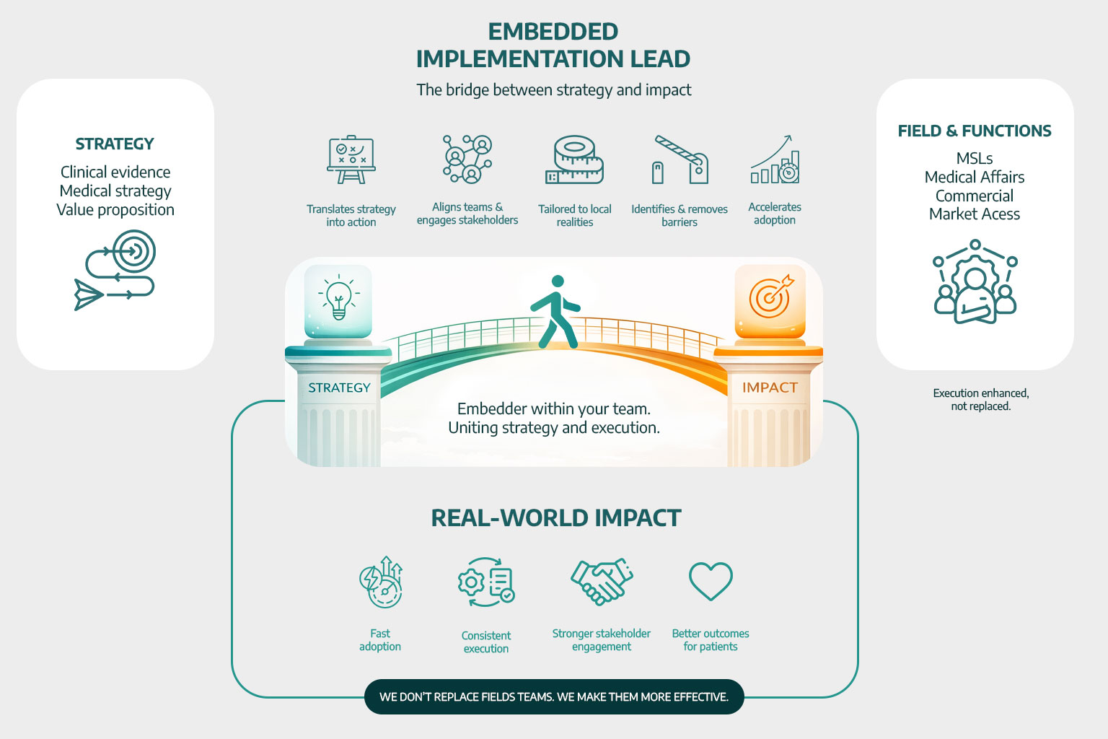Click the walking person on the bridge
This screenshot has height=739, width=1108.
[555, 312]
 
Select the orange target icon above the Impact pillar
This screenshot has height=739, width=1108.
[770, 297]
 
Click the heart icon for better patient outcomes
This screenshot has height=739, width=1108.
[711, 581]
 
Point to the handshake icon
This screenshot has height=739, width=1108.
[602, 581]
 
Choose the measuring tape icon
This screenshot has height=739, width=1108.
[574, 159]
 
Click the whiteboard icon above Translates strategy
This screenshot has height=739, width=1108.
[351, 159]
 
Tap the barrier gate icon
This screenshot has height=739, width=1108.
[680, 159]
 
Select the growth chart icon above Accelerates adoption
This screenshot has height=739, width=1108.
[775, 159]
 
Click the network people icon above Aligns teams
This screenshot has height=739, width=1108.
[467, 159]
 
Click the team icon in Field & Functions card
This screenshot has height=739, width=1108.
[975, 282]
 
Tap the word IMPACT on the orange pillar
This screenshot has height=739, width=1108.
[770, 388]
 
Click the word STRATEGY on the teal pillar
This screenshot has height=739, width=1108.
[339, 388]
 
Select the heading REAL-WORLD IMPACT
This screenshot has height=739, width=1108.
[555, 518]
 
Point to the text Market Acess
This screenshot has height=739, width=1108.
[975, 214]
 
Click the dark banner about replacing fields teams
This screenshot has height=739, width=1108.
[554, 696]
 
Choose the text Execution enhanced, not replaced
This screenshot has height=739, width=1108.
[980, 400]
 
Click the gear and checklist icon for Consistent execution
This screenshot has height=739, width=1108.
[486, 582]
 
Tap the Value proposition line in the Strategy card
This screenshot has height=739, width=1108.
[115, 210]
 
